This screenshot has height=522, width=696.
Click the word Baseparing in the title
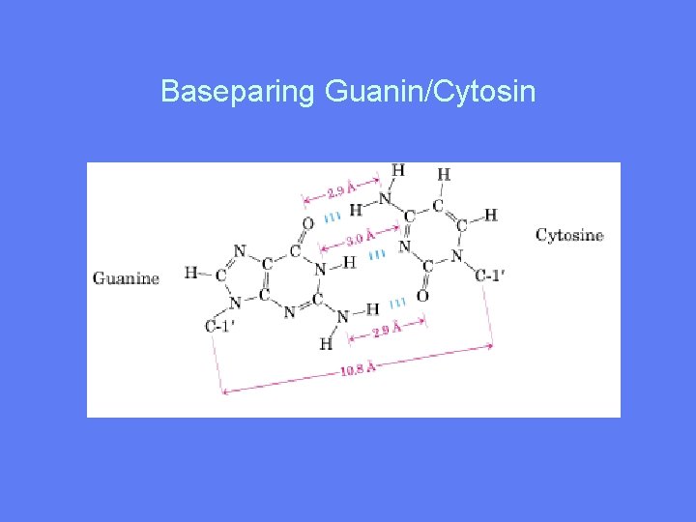[238, 92]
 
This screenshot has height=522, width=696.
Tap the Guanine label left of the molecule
[126, 278]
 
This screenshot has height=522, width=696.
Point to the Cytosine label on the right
[569, 235]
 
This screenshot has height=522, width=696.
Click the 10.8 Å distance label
[357, 368]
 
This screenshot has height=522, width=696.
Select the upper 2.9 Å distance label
[339, 188]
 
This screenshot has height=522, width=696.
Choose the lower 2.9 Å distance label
[387, 330]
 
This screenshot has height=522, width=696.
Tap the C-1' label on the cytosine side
[491, 275]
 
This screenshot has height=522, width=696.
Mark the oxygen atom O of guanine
[307, 224]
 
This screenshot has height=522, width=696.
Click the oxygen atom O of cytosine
[422, 295]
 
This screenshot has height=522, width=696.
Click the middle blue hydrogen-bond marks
[378, 254]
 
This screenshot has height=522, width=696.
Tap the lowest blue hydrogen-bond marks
[397, 303]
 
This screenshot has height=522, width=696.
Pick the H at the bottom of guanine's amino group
[326, 343]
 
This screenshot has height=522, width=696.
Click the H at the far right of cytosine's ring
[490, 215]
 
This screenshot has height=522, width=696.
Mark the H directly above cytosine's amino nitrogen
[398, 171]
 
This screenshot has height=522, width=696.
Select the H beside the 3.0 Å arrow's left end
[349, 261]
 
